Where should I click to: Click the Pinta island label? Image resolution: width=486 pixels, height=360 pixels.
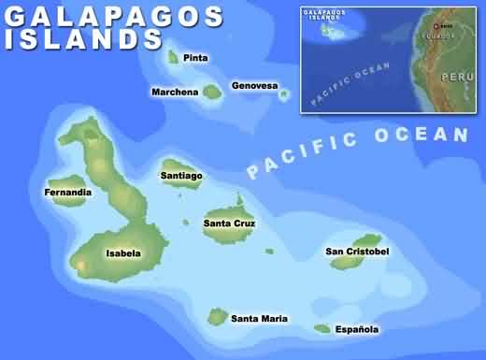pos(195,58)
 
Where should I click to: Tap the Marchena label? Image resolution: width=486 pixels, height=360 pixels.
pos(175,92)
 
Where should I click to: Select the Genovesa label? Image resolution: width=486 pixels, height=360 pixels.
pos(254,86)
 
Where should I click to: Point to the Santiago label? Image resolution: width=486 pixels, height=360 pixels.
pos(181,176)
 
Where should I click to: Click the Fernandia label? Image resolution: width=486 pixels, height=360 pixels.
pos(68,193)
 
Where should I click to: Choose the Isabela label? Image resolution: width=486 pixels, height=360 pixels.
pos(123,252)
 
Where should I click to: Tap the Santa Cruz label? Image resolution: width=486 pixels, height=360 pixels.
pos(229,223)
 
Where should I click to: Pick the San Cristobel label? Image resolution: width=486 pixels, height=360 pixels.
pos(357,252)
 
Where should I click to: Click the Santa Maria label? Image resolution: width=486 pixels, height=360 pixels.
pos(259,319)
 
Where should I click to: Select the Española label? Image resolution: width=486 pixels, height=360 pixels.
pos(358,329)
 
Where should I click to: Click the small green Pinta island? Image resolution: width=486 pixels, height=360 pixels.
pos(173,57)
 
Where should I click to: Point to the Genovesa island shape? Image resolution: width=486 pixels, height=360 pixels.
pos(283,94)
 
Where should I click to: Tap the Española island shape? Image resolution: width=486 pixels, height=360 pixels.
pos(322,328)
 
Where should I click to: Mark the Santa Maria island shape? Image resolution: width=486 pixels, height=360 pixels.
pos(218,317)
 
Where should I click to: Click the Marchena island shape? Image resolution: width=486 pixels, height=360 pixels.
pos(211,92)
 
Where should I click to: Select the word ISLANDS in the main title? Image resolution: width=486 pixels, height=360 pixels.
pos(84,39)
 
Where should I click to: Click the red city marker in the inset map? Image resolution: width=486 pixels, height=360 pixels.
pos(435,25)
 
